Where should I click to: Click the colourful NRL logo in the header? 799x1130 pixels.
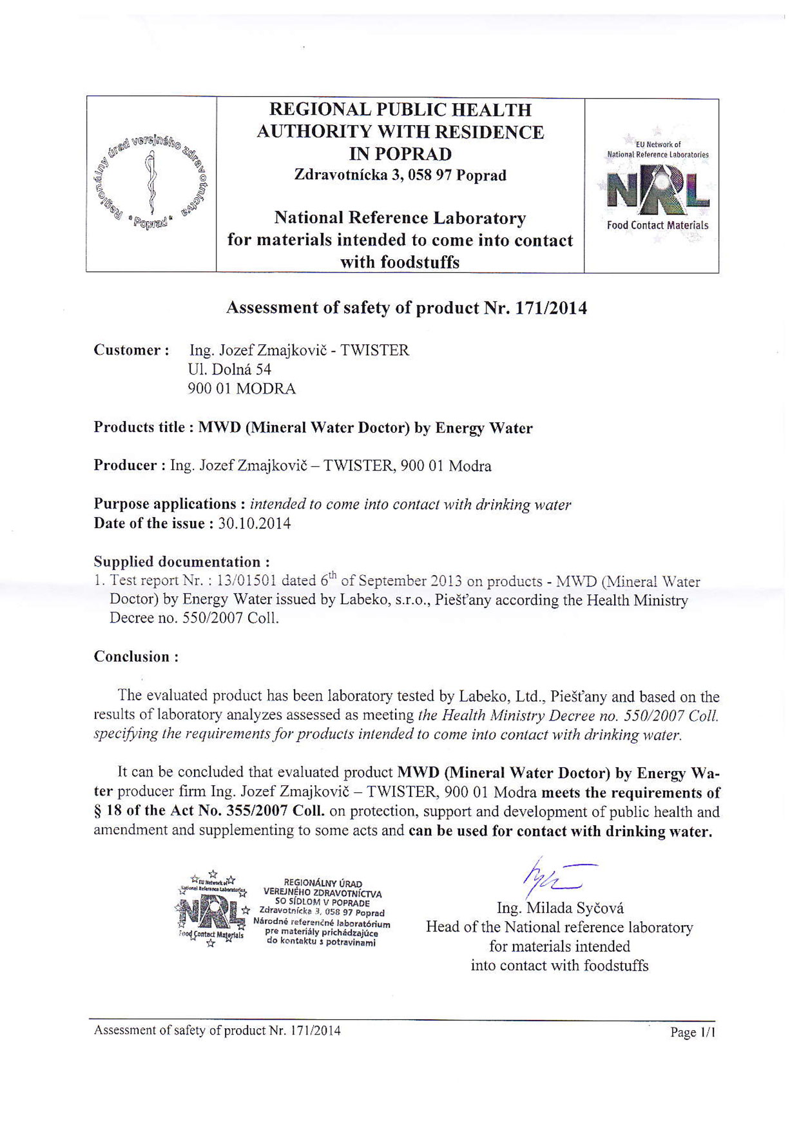point(657,188)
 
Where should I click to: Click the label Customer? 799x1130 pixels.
point(131,350)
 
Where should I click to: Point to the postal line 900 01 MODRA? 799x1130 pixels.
point(242,389)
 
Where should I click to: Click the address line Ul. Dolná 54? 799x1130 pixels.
point(229,369)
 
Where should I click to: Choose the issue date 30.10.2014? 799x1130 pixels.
point(255,523)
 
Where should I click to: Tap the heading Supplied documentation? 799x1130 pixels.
point(182,561)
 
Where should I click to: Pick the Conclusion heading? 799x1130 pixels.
point(136,657)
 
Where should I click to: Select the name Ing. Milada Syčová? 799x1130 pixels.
point(560,908)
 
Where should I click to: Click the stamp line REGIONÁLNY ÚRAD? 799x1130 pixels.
point(323,883)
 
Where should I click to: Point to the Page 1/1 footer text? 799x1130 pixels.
point(693,1032)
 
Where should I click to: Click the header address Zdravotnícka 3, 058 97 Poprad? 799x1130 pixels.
point(400,175)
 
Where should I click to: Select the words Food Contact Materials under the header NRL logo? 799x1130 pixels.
point(657,225)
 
